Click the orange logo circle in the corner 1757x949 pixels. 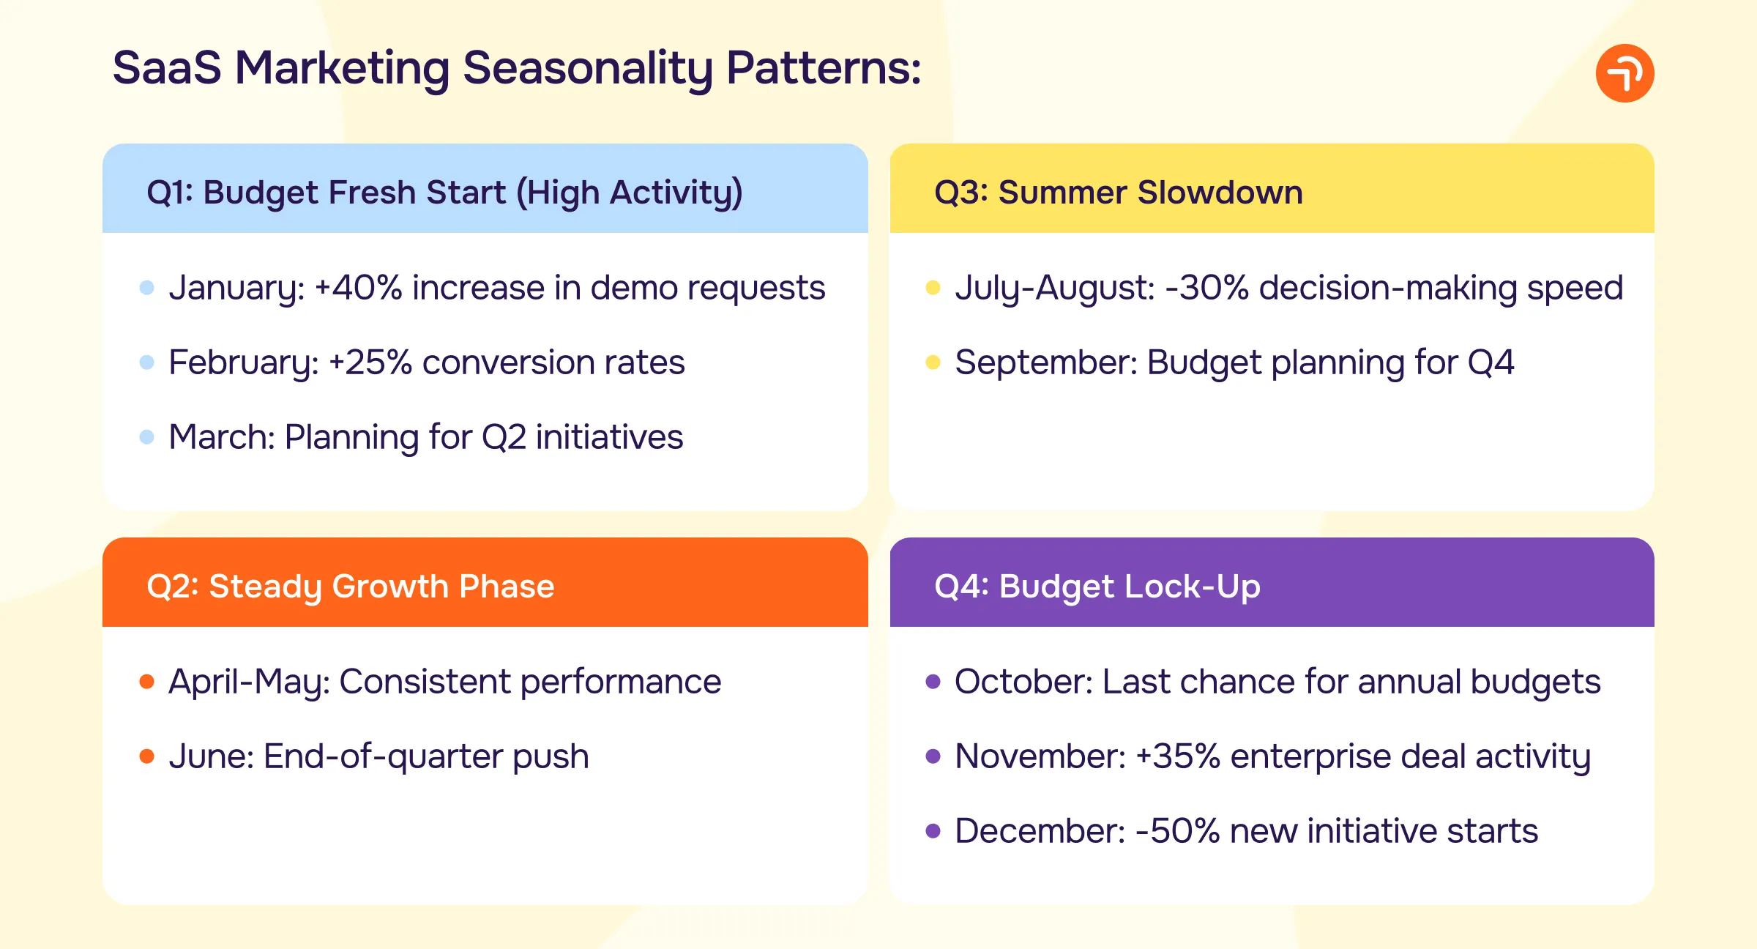[x=1624, y=73]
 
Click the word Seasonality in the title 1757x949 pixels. [x=587, y=68]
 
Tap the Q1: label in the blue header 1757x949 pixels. [x=170, y=193]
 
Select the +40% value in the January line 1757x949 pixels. [x=358, y=288]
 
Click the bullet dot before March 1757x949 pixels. [x=146, y=437]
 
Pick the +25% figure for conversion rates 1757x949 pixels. [x=370, y=362]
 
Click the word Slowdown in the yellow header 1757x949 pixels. [x=1220, y=193]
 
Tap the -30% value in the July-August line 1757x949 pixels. [x=1206, y=288]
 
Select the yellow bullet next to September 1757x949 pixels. [x=933, y=362]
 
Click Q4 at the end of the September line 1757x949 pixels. [x=1491, y=362]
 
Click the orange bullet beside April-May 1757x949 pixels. [x=146, y=682]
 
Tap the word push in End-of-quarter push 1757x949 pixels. [x=551, y=756]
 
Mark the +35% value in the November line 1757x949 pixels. [x=1177, y=756]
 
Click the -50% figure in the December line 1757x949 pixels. [x=1177, y=831]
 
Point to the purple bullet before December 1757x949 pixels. [x=933, y=831]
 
